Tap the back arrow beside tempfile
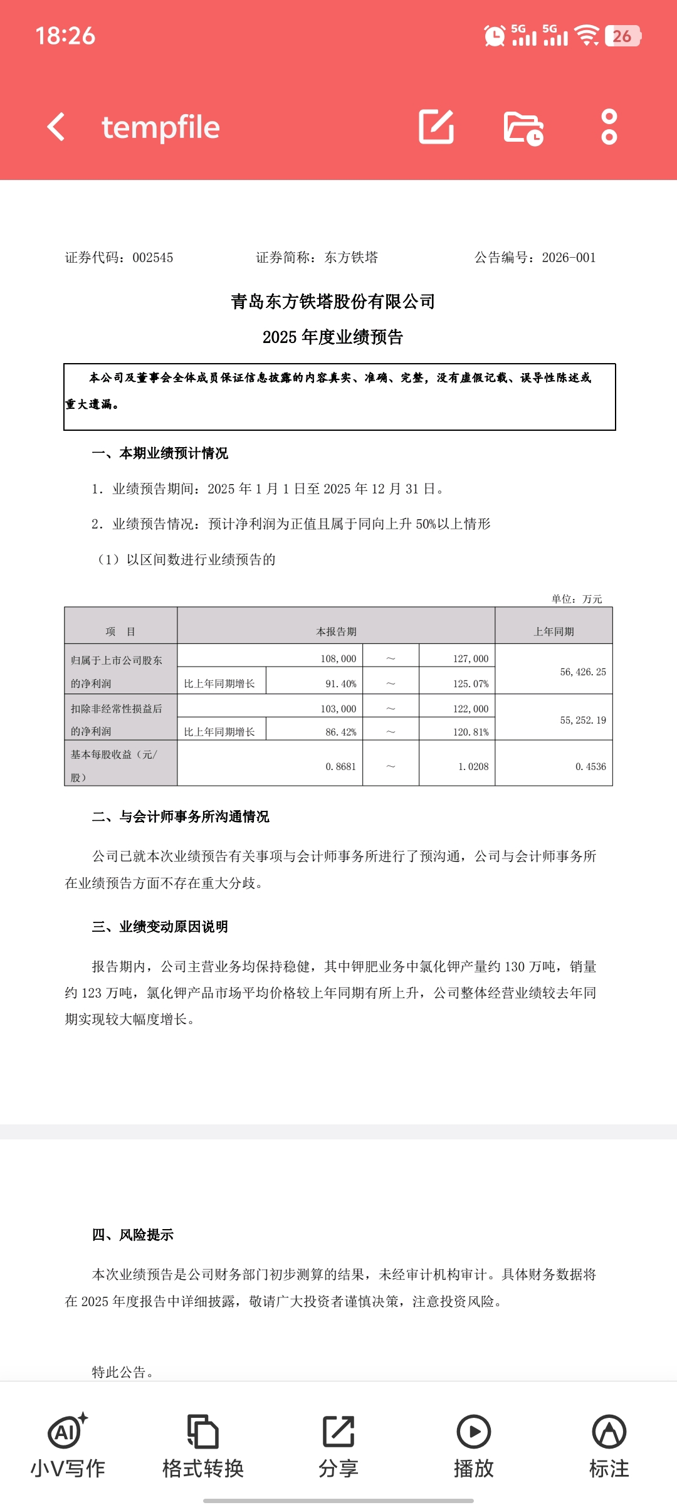click(x=56, y=127)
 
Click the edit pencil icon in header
click(x=436, y=127)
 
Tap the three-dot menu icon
click(x=609, y=127)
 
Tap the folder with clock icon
click(x=523, y=128)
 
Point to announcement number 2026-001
click(x=569, y=258)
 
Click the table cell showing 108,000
click(x=338, y=658)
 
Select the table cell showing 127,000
click(x=470, y=658)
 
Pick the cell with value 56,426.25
click(x=583, y=672)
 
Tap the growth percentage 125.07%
click(x=470, y=684)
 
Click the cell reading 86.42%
click(x=340, y=732)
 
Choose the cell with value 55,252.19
click(x=583, y=720)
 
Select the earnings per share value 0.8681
click(x=340, y=766)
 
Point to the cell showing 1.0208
click(x=473, y=766)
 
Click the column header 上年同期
click(x=554, y=631)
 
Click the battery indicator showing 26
click(x=622, y=36)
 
